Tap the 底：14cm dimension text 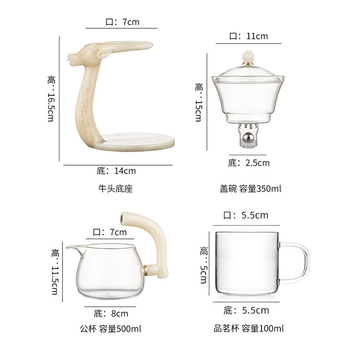pos(116,171)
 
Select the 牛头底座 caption pos(116,189)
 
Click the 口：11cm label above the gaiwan pos(249,36)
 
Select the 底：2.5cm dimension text pos(249,163)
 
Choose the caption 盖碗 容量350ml pos(250,189)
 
